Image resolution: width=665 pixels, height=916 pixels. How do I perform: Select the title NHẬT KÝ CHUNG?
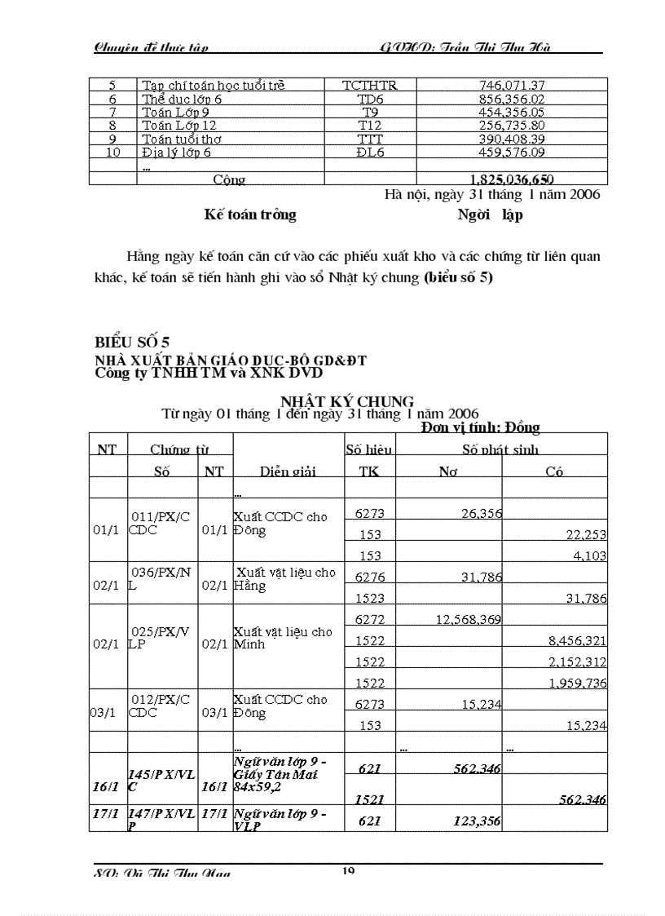coord(347,400)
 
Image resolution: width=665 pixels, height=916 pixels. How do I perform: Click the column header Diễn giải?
coord(288,471)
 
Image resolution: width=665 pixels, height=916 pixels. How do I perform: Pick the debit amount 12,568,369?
coord(469,620)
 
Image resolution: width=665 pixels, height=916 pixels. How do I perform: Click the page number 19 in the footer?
coord(348,871)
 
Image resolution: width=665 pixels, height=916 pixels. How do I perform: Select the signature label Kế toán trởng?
coord(250,215)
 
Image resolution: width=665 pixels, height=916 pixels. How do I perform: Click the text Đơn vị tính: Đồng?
coord(481,427)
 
